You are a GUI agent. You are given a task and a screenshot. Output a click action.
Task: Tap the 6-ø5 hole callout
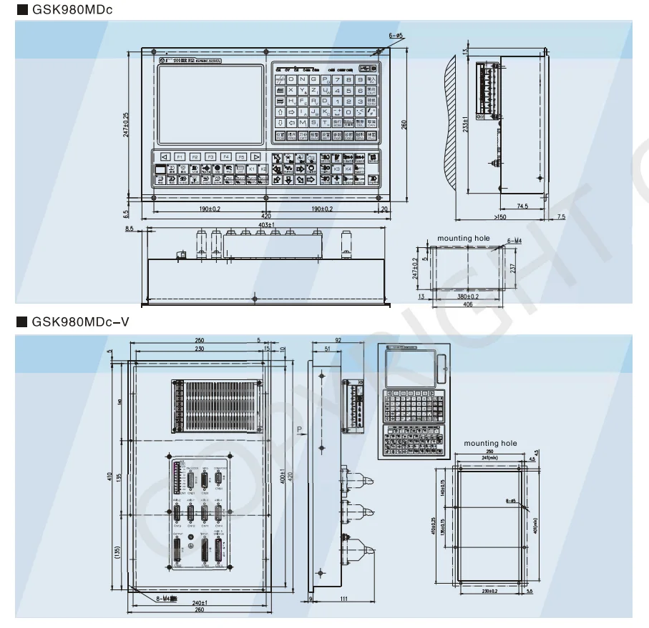tap(396, 34)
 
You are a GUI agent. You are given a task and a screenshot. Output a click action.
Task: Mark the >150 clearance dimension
tap(499, 216)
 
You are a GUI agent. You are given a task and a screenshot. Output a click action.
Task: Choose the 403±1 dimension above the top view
tap(266, 226)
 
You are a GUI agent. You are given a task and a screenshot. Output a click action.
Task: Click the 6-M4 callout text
tap(514, 241)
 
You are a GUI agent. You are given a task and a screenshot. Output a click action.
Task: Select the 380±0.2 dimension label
tap(468, 296)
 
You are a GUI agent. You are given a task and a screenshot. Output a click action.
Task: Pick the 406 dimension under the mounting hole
tap(466, 305)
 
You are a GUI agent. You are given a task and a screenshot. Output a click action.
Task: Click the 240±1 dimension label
tap(200, 602)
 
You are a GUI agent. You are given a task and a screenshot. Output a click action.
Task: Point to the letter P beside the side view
tap(300, 429)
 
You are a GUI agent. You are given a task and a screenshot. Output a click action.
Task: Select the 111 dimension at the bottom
tap(344, 599)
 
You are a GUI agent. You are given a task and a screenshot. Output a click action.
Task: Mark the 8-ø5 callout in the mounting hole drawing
tap(511, 501)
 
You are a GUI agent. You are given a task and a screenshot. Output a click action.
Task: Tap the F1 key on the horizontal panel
tap(179, 156)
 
